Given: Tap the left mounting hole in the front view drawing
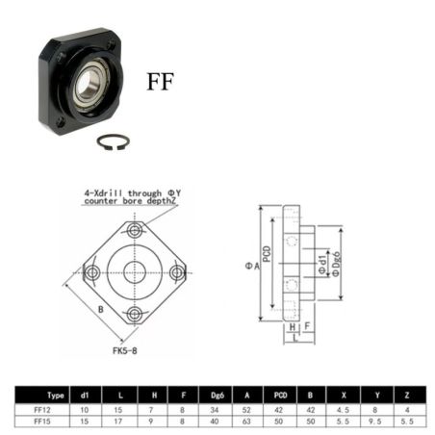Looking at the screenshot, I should (x=92, y=272).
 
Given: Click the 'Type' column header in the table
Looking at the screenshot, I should (x=55, y=395).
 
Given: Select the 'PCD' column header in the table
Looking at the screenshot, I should (x=279, y=395).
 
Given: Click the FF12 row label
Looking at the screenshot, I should (x=42, y=408).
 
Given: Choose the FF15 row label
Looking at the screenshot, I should (x=42, y=421).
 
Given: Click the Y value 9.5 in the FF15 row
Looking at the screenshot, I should (x=377, y=421).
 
